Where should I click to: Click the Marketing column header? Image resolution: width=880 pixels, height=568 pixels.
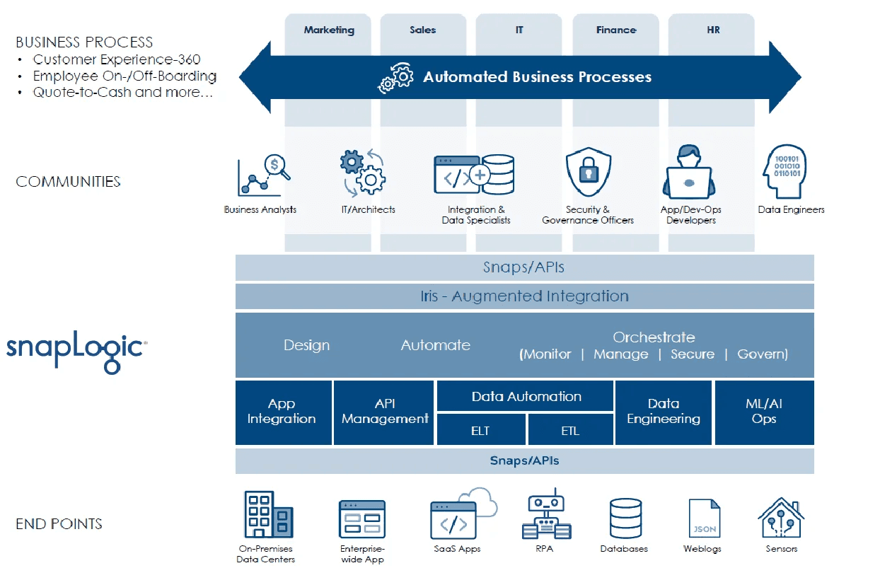329,30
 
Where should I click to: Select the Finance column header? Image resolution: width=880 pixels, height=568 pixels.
616,30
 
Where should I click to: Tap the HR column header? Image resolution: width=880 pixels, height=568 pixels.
713,30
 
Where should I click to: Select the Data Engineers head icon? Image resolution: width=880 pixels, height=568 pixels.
785,172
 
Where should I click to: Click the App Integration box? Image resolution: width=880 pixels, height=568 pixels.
282,412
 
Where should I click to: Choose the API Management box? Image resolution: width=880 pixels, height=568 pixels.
385,412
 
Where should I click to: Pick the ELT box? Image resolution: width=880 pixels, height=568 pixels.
480,430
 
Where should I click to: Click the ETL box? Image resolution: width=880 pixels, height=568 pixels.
570,430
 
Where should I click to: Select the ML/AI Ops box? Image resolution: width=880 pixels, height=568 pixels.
764,412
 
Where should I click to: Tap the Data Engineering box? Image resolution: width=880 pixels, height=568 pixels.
664,412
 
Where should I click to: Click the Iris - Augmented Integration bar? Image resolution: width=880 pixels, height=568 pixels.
524,296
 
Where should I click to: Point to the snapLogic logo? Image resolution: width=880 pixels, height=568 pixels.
76,351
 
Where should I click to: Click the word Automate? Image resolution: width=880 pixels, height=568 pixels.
435,345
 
